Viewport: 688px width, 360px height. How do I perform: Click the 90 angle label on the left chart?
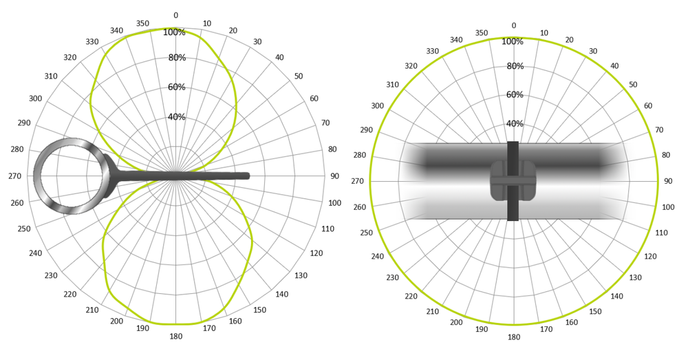tap(335, 176)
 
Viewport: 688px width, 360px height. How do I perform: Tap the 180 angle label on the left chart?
tap(176, 337)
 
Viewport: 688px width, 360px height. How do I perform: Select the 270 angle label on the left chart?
tap(15, 176)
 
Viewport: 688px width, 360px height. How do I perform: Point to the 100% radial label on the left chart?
tap(174, 32)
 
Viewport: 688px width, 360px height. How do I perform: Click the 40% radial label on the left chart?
tap(176, 117)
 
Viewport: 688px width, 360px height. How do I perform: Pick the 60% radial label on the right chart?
tap(515, 94)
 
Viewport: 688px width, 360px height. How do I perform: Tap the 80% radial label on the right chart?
tap(515, 66)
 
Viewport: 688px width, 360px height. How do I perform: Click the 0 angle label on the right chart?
tap(514, 25)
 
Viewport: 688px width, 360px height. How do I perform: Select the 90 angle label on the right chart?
tap(668, 181)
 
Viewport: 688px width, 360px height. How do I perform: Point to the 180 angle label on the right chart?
tap(514, 337)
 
